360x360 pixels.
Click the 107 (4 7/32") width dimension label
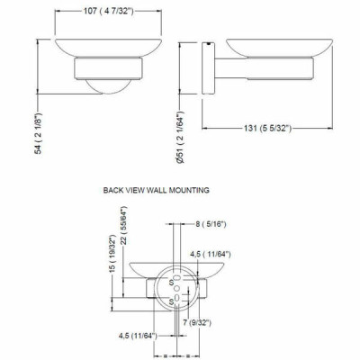tap(108, 11)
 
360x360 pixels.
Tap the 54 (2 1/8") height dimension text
tap(39, 133)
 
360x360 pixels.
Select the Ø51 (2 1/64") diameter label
tap(180, 137)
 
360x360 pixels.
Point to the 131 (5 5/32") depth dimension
tap(267, 129)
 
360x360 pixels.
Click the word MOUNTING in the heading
tap(189, 190)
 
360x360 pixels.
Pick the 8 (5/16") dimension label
tap(211, 224)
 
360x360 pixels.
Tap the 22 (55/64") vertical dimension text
tap(124, 225)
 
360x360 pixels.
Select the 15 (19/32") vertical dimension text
tap(112, 254)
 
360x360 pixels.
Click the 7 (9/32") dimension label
tap(197, 323)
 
